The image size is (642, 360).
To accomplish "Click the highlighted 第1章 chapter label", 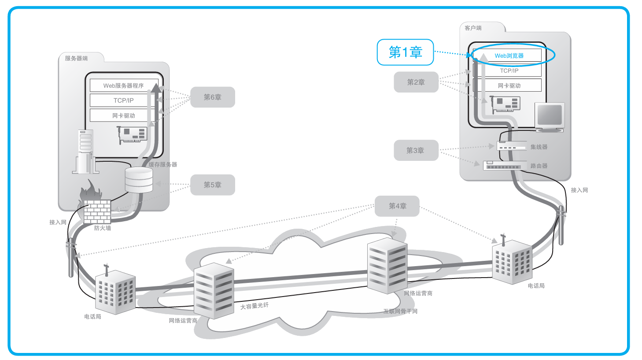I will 405,52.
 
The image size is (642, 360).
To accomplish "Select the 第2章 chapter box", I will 416,82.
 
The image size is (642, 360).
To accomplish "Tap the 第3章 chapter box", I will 416,150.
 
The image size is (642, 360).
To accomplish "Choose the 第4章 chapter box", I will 397,206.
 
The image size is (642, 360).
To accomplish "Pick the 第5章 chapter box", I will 212,185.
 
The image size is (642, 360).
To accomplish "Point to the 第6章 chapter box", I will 212,97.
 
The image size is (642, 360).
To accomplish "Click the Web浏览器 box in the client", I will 509,56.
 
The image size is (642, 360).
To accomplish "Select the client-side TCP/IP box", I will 509,71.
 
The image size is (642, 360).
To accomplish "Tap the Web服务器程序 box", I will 123,85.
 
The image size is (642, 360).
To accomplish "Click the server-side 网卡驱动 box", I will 123,115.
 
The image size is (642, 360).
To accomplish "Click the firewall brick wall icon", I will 97,212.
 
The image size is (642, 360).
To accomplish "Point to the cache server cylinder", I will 139,180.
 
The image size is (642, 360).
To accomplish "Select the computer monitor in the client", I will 549,117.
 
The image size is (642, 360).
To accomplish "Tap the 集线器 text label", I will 539,147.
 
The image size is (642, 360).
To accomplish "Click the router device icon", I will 505,166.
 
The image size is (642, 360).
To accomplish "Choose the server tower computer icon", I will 85,152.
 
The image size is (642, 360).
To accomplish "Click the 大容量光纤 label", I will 254,306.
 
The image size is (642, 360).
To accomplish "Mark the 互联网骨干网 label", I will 400,311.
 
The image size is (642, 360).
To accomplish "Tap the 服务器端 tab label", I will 76,58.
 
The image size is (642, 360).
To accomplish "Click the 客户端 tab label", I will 473,28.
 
